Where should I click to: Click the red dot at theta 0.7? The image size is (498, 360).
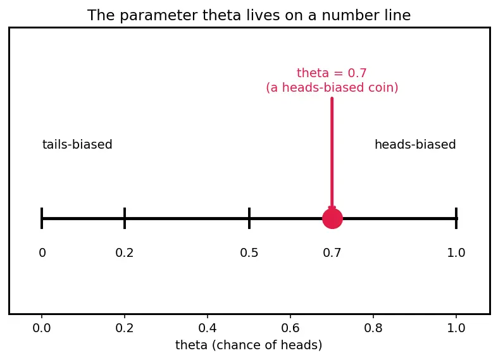click(x=332, y=218)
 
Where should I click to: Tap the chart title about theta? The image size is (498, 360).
click(x=249, y=15)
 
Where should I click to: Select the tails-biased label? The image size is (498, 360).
click(x=77, y=144)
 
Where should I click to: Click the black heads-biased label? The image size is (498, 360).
click(x=415, y=144)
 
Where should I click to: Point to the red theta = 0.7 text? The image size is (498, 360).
click(x=332, y=73)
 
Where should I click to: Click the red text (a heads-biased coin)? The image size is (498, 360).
click(x=332, y=87)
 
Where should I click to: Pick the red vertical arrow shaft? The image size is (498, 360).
click(x=332, y=152)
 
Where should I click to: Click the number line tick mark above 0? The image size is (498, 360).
click(x=42, y=218)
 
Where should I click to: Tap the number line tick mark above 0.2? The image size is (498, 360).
click(x=125, y=218)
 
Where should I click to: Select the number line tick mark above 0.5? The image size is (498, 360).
click(x=249, y=218)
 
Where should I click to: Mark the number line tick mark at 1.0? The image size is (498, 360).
click(x=456, y=218)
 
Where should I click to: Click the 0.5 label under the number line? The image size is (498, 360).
click(x=249, y=253)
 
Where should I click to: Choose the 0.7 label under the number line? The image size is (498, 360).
click(x=332, y=253)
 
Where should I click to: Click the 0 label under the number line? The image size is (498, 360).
click(x=42, y=253)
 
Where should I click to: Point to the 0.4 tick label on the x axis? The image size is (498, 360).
click(x=208, y=328)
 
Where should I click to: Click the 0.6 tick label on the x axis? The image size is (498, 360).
click(x=290, y=328)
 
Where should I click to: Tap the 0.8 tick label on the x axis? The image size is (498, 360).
click(x=373, y=328)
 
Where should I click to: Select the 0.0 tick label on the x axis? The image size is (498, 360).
click(x=42, y=328)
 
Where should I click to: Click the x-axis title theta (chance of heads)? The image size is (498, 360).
click(x=249, y=345)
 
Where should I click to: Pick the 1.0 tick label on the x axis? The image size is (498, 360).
click(x=456, y=328)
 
